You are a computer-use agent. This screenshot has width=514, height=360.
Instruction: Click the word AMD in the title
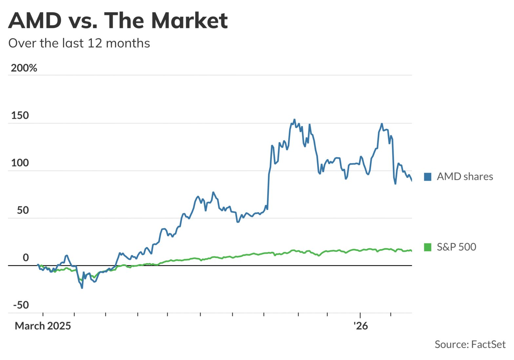click(35, 20)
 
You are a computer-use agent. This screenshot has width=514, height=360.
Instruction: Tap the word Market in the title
click(189, 20)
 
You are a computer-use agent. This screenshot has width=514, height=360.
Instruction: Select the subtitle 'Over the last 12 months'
click(79, 43)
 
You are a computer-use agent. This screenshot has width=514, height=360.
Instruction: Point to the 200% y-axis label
click(24, 68)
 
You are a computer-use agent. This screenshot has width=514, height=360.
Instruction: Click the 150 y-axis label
click(20, 116)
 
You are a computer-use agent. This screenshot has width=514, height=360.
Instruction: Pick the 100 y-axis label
click(20, 163)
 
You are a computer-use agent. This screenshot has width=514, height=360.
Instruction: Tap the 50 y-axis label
click(23, 210)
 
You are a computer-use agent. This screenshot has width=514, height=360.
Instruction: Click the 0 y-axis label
click(26, 258)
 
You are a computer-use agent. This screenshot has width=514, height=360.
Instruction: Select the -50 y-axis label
click(21, 305)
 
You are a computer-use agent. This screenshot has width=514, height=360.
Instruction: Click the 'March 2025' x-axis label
click(43, 326)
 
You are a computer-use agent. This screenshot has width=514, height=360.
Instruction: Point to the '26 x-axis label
click(361, 326)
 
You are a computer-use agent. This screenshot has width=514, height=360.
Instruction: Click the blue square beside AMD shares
click(427, 177)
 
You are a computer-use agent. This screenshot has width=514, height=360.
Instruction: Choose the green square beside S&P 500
click(427, 247)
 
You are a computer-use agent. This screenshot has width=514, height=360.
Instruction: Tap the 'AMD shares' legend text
click(465, 177)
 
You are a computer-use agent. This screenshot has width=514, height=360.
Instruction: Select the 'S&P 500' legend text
click(456, 247)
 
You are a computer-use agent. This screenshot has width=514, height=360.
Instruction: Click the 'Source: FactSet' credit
click(470, 344)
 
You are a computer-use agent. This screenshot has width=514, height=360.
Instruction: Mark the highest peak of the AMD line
click(294, 120)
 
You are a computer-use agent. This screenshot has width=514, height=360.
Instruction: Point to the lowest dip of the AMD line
click(82, 288)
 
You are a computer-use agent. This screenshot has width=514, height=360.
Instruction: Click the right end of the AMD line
click(411, 180)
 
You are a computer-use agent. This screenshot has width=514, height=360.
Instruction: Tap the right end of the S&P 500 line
click(411, 251)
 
